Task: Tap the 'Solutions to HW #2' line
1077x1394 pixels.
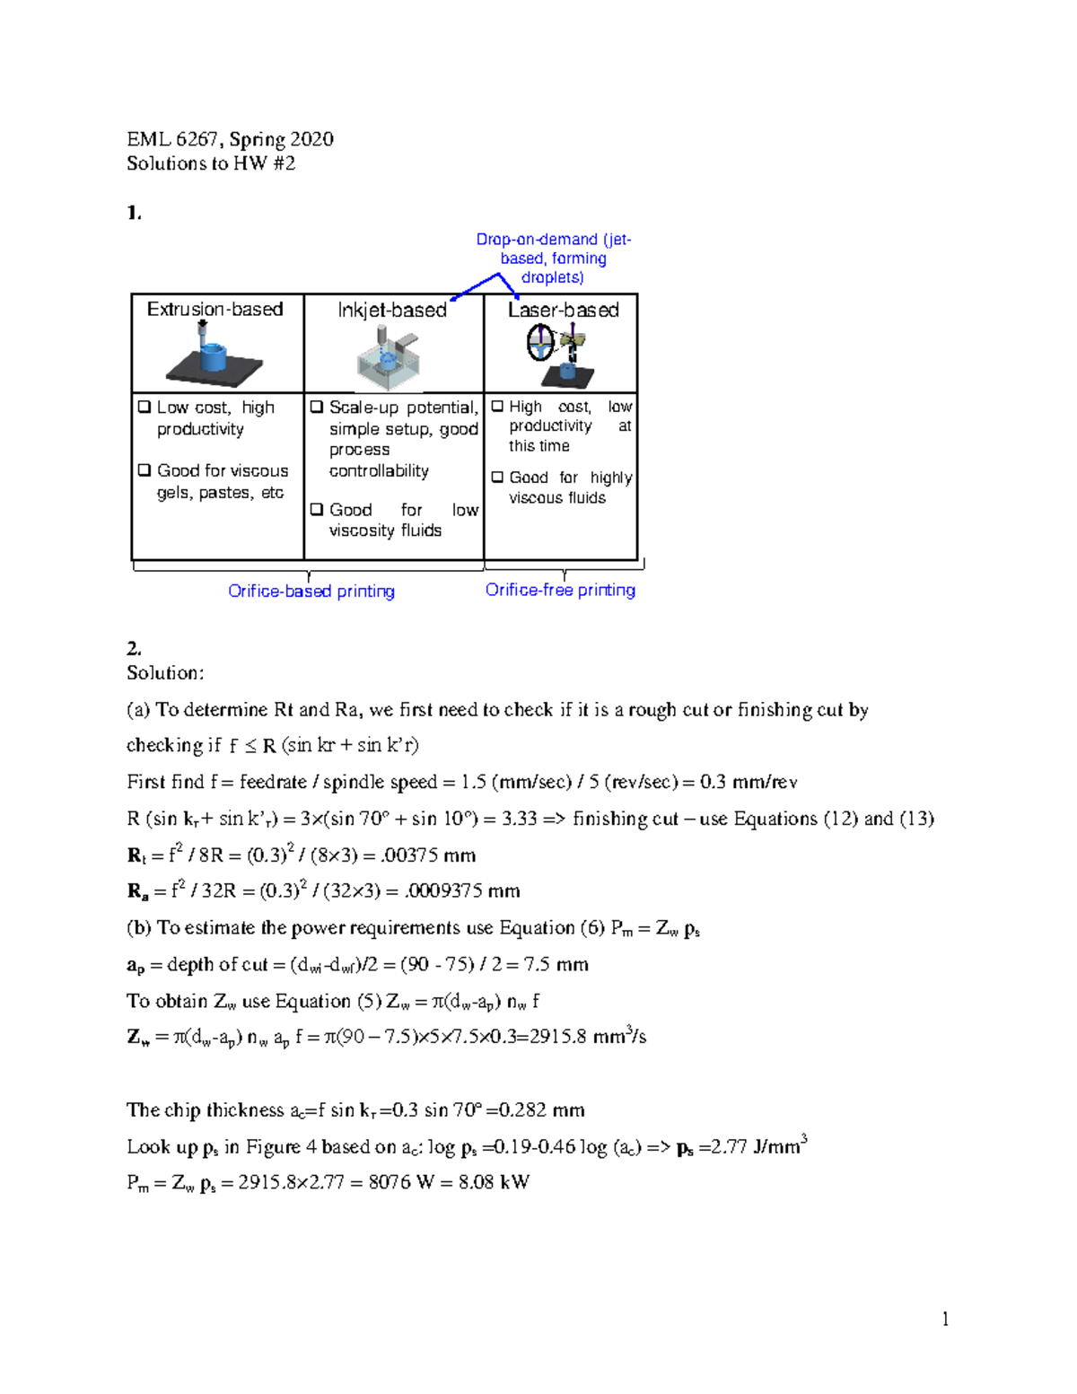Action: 211,163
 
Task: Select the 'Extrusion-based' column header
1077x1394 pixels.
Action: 215,310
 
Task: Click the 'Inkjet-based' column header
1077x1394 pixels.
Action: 392,311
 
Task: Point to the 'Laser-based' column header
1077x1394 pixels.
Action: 564,311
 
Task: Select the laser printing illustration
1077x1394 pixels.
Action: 561,354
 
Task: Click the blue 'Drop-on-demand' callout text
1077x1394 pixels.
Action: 553,259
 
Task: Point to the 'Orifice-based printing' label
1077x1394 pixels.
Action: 311,591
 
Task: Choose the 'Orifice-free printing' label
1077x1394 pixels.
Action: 560,590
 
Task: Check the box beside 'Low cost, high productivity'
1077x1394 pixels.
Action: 144,407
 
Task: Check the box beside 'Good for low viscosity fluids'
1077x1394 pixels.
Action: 317,510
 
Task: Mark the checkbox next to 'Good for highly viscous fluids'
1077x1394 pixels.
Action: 497,478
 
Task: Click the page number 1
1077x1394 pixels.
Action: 945,1319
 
